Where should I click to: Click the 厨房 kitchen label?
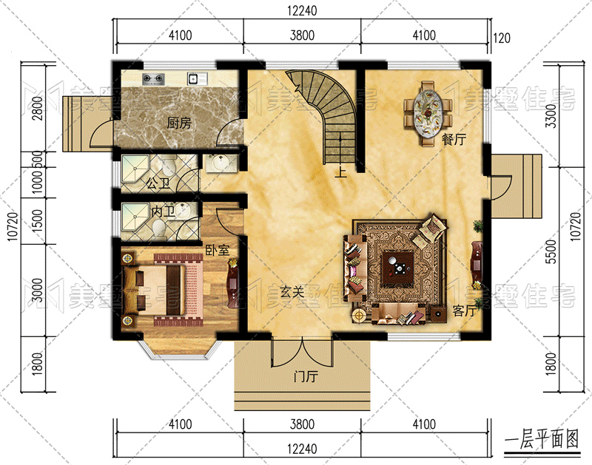point(179,123)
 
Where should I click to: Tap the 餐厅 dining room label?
point(454,140)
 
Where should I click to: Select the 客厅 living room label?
point(465,310)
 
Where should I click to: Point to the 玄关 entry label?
point(292,291)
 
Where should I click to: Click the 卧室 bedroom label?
point(218,250)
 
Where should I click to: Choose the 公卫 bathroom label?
point(158,183)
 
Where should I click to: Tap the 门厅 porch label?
point(306,376)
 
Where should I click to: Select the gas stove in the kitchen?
point(154,79)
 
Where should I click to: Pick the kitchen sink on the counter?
point(193,79)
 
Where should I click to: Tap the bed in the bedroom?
point(155,290)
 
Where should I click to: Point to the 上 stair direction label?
point(341,172)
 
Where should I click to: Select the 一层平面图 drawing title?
point(542,439)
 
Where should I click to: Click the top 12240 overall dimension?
point(302,10)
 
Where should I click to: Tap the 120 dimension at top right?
point(502,38)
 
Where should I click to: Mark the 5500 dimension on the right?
point(551,251)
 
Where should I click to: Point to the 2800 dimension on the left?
point(37,108)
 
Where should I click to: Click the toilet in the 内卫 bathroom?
point(159,228)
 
